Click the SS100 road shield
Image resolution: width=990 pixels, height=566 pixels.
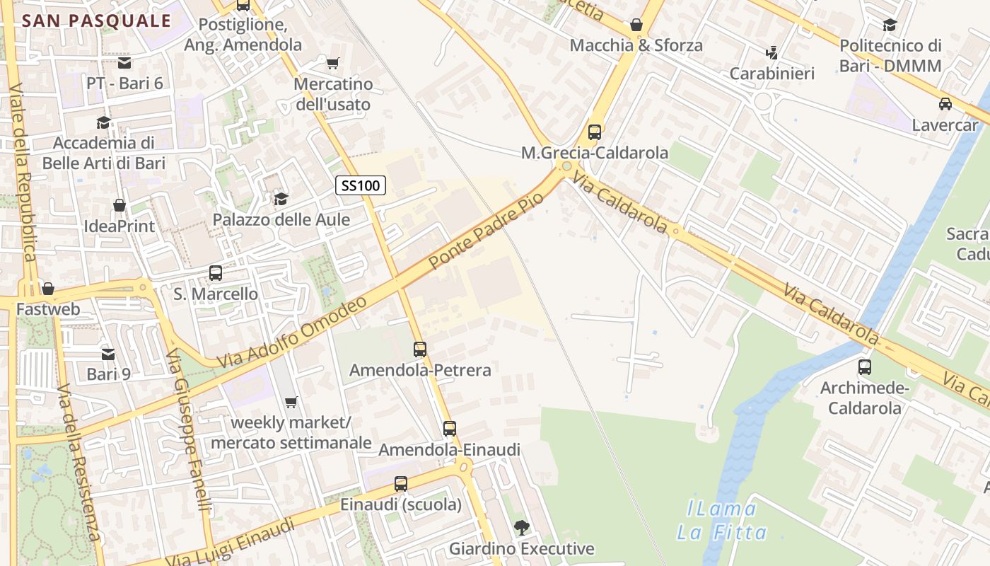point(361,186)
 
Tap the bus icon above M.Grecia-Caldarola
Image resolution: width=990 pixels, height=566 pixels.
point(595,132)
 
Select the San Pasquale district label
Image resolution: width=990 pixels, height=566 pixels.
point(97,21)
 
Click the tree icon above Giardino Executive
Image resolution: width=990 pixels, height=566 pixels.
point(521,527)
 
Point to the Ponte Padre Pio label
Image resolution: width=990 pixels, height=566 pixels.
point(487,230)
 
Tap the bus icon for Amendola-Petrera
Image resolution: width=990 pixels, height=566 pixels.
point(420,350)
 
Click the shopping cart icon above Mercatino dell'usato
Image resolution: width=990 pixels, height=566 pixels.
point(332,64)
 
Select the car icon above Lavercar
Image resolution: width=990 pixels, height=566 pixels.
point(945,104)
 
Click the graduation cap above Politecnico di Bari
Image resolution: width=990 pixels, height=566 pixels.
point(890,25)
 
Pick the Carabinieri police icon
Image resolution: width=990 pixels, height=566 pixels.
point(771,52)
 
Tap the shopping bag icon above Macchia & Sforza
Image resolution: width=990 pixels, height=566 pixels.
point(636,25)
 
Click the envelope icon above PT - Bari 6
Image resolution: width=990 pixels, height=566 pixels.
point(124,63)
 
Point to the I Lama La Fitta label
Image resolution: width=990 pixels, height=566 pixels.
point(721,520)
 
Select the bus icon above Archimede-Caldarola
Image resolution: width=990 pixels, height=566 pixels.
point(864,367)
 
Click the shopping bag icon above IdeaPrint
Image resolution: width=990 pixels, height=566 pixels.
point(119,206)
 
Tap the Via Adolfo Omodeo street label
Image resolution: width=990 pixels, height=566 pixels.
point(292,332)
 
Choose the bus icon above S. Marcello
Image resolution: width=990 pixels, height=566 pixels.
point(216,273)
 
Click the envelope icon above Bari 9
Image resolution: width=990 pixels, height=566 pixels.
point(108,353)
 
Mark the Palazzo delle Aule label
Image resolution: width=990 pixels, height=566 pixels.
point(281,219)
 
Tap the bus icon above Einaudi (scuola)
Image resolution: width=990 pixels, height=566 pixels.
point(400,484)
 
